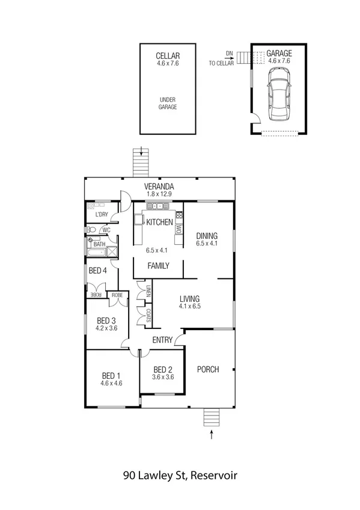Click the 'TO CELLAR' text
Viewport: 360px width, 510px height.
point(221,63)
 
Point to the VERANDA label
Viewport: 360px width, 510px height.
point(159,186)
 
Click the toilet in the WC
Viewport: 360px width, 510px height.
point(92,230)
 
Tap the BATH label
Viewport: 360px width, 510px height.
point(99,244)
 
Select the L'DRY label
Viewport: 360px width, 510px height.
point(102,215)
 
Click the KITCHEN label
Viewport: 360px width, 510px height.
point(159,223)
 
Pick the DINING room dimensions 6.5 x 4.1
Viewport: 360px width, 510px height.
point(206,244)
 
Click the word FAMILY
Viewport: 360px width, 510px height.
point(159,265)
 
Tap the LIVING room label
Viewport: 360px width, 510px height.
point(189,298)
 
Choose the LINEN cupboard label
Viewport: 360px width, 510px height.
point(147,291)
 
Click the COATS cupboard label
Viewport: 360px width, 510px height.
point(147,315)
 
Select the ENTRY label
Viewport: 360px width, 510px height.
point(162,340)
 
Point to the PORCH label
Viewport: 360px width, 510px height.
point(208,369)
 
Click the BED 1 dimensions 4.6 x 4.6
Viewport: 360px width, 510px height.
point(111,382)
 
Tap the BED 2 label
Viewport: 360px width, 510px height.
point(163,369)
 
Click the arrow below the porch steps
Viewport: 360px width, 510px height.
point(212,435)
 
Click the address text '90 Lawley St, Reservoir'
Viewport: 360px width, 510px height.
point(180,475)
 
